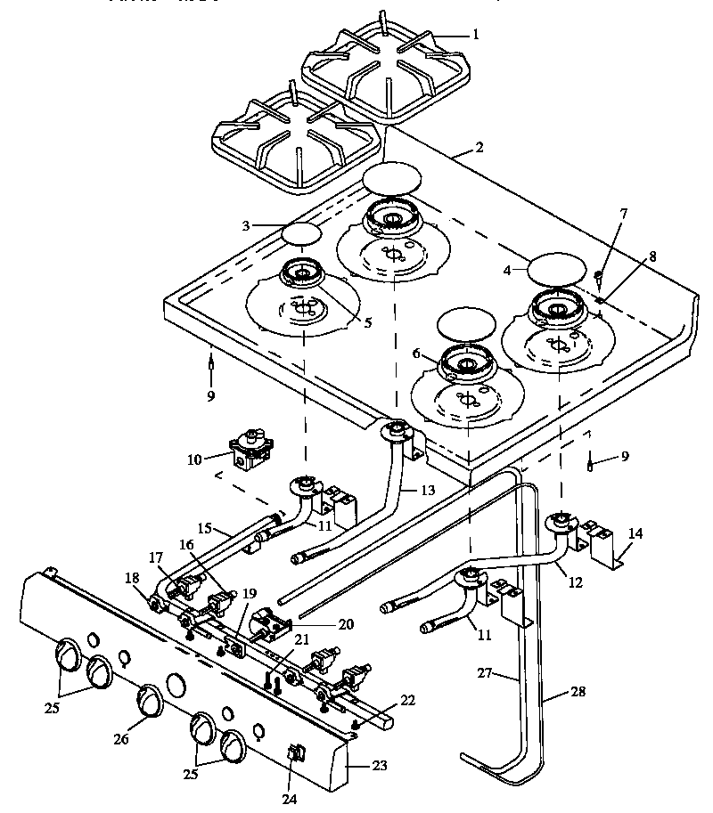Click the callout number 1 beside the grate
[x=475, y=35]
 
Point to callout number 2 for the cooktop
[x=479, y=147]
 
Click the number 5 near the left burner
[x=367, y=322]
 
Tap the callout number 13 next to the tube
[x=430, y=489]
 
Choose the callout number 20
[x=345, y=625]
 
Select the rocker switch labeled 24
[x=295, y=755]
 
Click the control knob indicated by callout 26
[x=149, y=701]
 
